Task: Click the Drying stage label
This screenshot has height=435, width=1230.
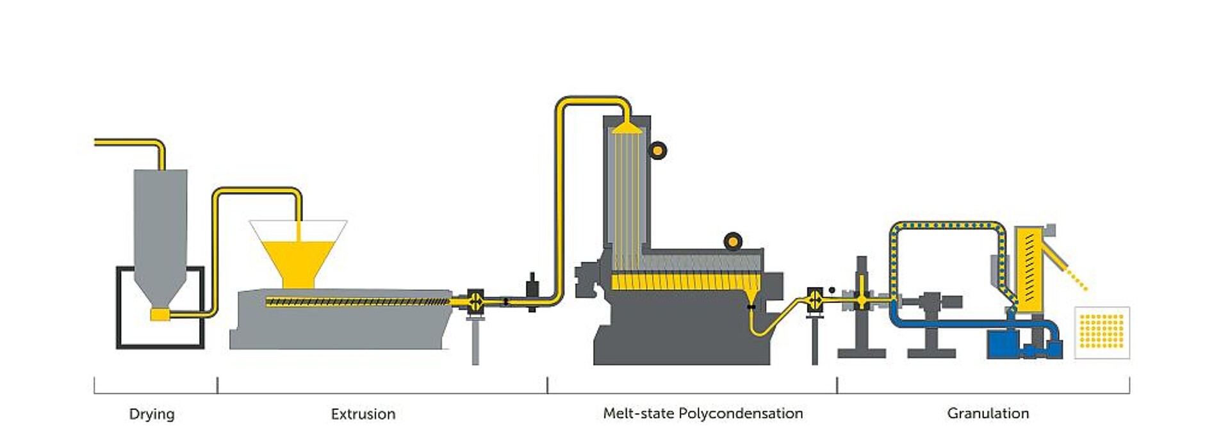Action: click(x=152, y=414)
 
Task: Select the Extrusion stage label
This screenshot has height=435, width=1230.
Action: click(x=363, y=414)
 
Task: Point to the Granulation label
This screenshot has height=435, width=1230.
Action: click(x=988, y=413)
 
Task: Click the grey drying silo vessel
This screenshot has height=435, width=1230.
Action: click(x=160, y=224)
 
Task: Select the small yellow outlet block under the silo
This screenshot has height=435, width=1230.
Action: click(x=160, y=314)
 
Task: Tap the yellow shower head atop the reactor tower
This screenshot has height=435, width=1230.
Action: click(x=627, y=128)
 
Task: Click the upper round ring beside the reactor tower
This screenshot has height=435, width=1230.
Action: click(x=657, y=151)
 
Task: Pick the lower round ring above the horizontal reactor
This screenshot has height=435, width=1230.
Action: click(x=733, y=242)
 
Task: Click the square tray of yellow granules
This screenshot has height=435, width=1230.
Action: click(x=1102, y=332)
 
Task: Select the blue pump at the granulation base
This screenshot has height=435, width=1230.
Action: click(x=1003, y=344)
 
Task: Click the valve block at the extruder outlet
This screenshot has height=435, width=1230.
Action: click(x=475, y=300)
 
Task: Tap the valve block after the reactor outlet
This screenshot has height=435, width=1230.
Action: click(x=815, y=299)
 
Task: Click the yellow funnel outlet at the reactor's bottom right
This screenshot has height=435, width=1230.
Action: click(x=751, y=296)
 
